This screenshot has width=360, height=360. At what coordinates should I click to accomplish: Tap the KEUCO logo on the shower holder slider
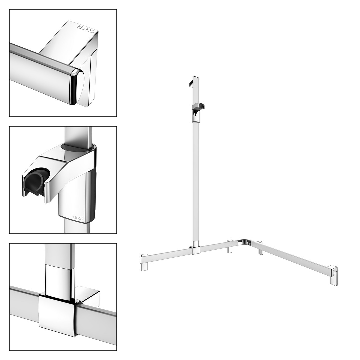(x=78, y=218)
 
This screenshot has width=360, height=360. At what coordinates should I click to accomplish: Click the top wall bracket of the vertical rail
(x=191, y=84)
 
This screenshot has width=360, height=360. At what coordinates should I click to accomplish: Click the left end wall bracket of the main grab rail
(x=144, y=263)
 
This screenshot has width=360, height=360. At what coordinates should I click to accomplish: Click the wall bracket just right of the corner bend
(x=260, y=248)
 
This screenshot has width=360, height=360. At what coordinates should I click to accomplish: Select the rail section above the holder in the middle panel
(x=78, y=135)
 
